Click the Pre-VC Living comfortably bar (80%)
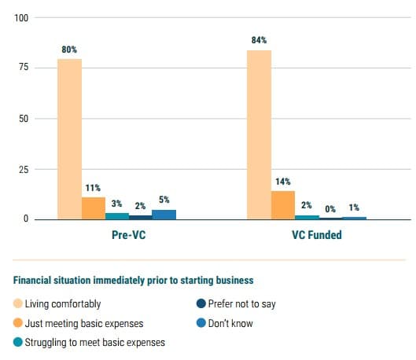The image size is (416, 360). click(x=69, y=139)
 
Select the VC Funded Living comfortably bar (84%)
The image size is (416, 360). click(x=259, y=135)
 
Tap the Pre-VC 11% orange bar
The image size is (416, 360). click(x=94, y=208)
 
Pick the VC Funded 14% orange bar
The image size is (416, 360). click(x=283, y=205)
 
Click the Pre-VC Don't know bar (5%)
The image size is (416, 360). click(x=164, y=215)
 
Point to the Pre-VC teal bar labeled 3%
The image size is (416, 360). click(x=117, y=216)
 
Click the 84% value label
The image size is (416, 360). click(x=259, y=40)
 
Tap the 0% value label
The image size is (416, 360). click(x=330, y=209)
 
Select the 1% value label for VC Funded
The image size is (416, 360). click(x=354, y=208)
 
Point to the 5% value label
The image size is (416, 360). click(x=164, y=200)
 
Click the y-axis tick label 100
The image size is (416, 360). click(x=21, y=18)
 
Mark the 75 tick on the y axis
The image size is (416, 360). click(x=24, y=67)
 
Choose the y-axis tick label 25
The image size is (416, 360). click(x=24, y=170)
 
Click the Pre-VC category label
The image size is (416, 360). click(x=129, y=235)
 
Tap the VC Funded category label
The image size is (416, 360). click(x=317, y=235)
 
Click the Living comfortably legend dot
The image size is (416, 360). click(x=18, y=303)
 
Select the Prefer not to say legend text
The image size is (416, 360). click(x=242, y=304)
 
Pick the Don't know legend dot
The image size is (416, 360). click(x=201, y=323)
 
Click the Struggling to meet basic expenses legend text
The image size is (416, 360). click(x=95, y=342)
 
